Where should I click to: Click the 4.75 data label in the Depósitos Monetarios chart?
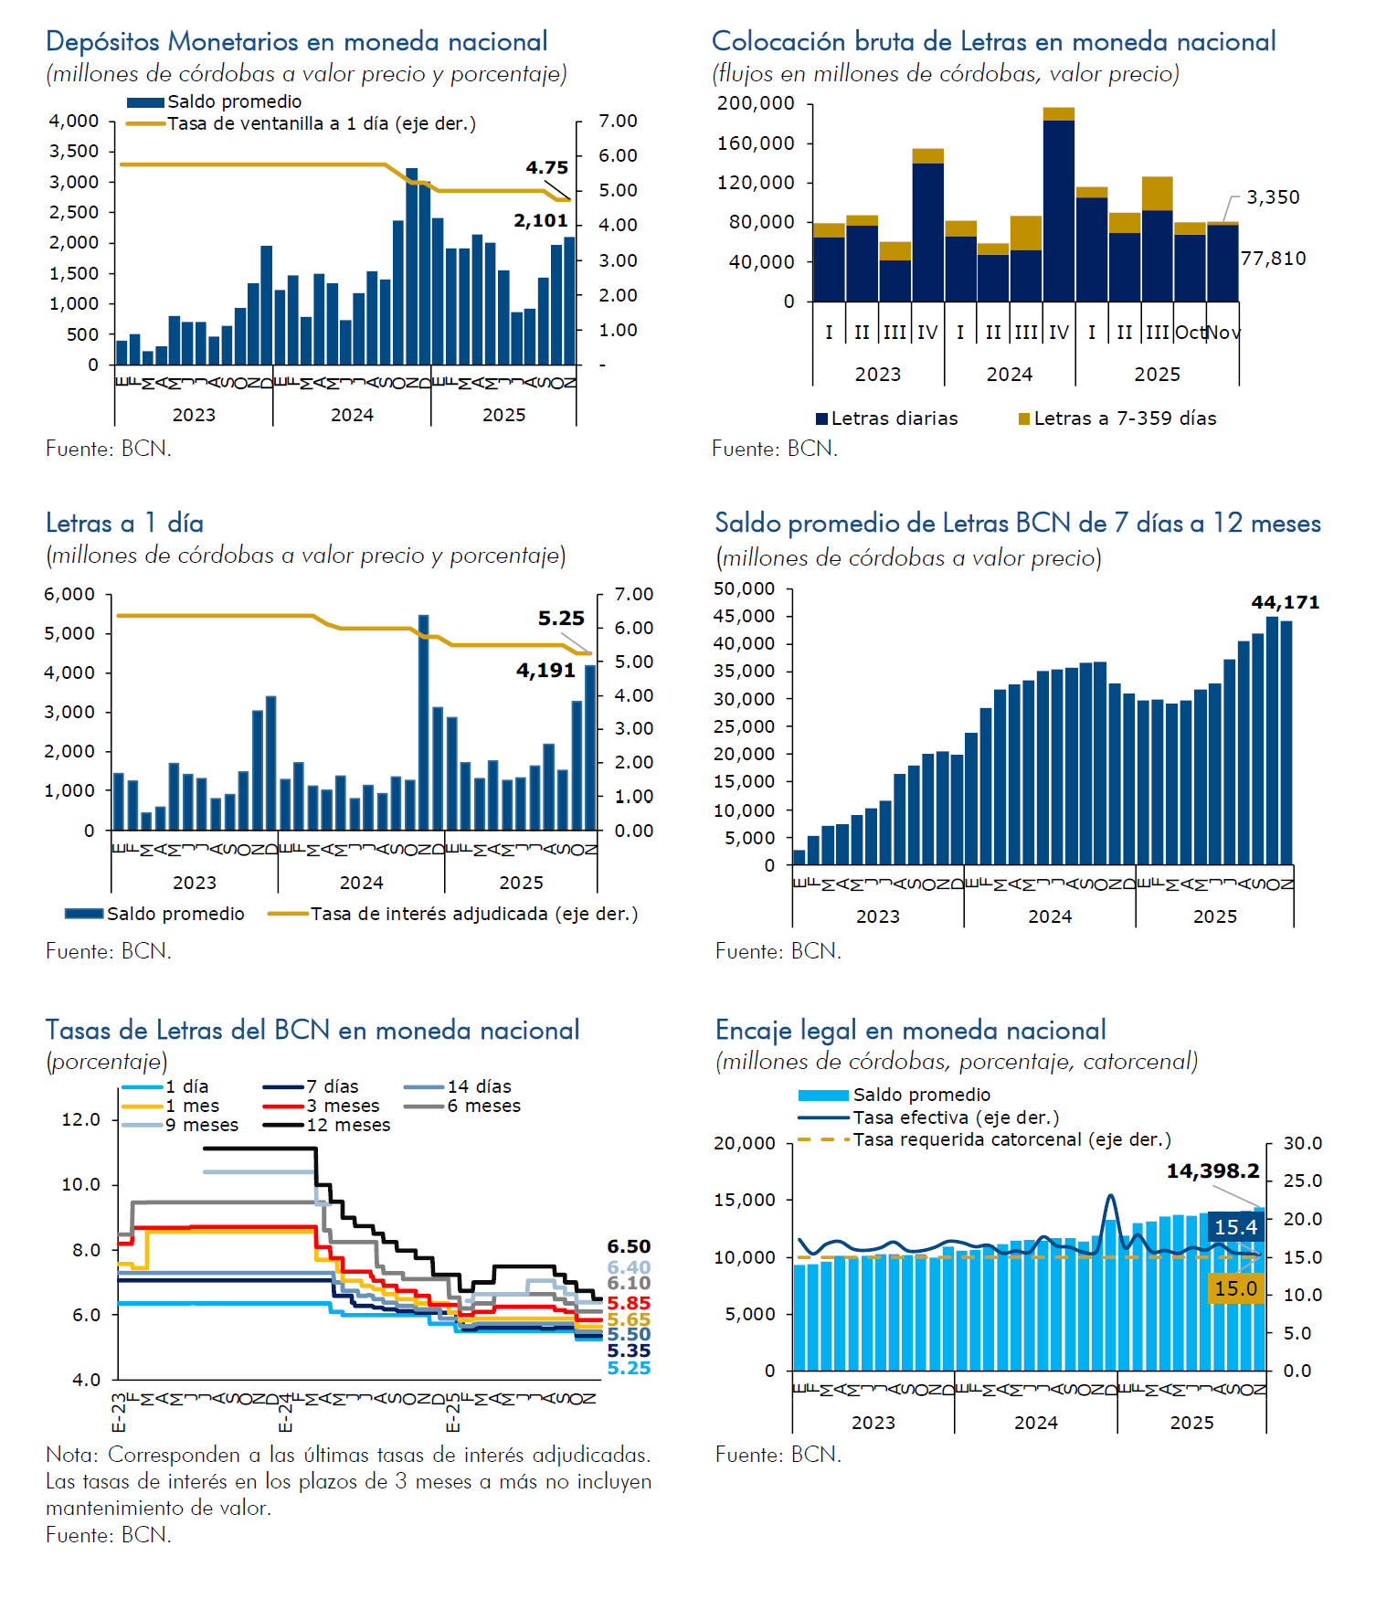(x=546, y=168)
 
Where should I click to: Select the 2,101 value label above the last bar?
(x=541, y=221)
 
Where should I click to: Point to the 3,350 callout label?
(x=1273, y=197)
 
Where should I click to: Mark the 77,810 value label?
(x=1273, y=259)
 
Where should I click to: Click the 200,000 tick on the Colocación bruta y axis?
(x=756, y=103)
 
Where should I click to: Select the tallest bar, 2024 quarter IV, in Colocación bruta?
(x=1059, y=206)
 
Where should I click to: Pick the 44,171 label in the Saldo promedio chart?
(x=1285, y=603)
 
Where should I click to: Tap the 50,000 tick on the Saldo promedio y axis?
(x=744, y=589)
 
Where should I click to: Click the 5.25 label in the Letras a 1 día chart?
(x=561, y=619)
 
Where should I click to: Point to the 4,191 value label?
(x=545, y=671)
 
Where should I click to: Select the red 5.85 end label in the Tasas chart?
(x=629, y=1304)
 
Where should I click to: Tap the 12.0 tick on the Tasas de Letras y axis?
(x=81, y=1119)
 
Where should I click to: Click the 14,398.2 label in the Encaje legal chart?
(x=1212, y=1171)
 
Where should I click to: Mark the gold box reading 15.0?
(x=1235, y=1288)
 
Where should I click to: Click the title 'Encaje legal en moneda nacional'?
(x=910, y=1031)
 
